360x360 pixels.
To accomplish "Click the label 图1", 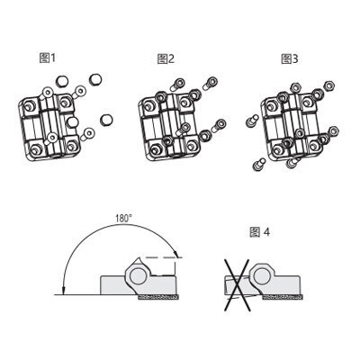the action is click(x=48, y=58).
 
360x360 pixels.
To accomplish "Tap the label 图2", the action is click(x=166, y=58).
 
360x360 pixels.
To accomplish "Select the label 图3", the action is click(x=290, y=58).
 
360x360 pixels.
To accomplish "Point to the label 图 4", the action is click(x=260, y=232).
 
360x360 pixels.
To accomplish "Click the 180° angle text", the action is click(x=124, y=218).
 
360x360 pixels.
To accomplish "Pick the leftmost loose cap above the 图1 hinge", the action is click(x=62, y=81).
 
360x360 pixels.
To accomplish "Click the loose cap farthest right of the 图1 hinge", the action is click(x=106, y=120).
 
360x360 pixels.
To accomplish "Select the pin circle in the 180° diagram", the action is click(x=138, y=274).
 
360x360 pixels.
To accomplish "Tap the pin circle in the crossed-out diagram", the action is click(x=261, y=274).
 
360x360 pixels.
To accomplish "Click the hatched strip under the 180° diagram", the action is click(x=158, y=297).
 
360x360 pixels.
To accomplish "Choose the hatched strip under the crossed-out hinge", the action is click(x=283, y=297).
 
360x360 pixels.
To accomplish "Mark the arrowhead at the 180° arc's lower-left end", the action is click(x=63, y=291).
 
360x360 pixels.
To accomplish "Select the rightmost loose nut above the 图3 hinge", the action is click(x=329, y=85).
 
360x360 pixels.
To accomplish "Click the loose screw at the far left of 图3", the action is click(x=252, y=121).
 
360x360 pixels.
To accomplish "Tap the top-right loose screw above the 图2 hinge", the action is click(x=211, y=83).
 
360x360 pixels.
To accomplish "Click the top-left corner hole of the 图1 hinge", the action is click(x=29, y=105).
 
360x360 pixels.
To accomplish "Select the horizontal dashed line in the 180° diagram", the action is click(x=162, y=257).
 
